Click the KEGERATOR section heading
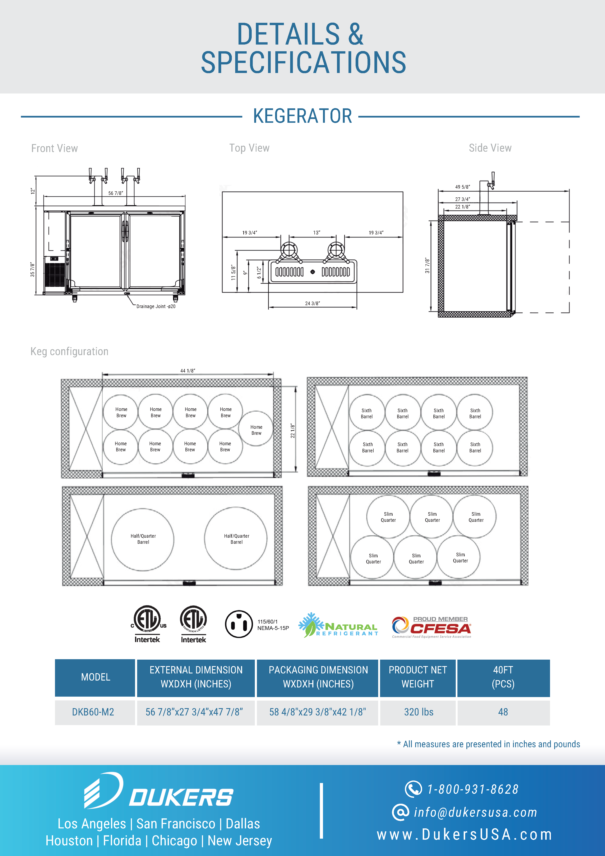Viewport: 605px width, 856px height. pyautogui.click(x=302, y=116)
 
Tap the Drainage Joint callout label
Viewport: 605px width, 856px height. pyautogui.click(x=156, y=306)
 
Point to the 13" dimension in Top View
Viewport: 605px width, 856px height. pyautogui.click(x=317, y=233)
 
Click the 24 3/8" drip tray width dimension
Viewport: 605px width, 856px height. pyautogui.click(x=312, y=303)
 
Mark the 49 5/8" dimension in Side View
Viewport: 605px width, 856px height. pyautogui.click(x=462, y=187)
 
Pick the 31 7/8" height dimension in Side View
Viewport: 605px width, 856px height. pyautogui.click(x=427, y=265)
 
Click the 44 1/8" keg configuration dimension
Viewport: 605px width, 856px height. pyautogui.click(x=188, y=371)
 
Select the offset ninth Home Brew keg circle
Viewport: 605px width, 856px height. pyautogui.click(x=256, y=429)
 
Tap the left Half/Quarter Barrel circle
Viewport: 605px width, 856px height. pyautogui.click(x=143, y=539)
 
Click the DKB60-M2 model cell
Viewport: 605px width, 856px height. pyautogui.click(x=93, y=712)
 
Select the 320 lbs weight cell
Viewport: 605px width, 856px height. pyautogui.click(x=419, y=712)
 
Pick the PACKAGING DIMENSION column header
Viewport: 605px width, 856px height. pyautogui.click(x=318, y=677)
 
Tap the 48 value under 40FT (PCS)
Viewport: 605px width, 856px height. pyautogui.click(x=503, y=712)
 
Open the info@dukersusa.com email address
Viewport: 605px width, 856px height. pyautogui.click(x=475, y=812)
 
